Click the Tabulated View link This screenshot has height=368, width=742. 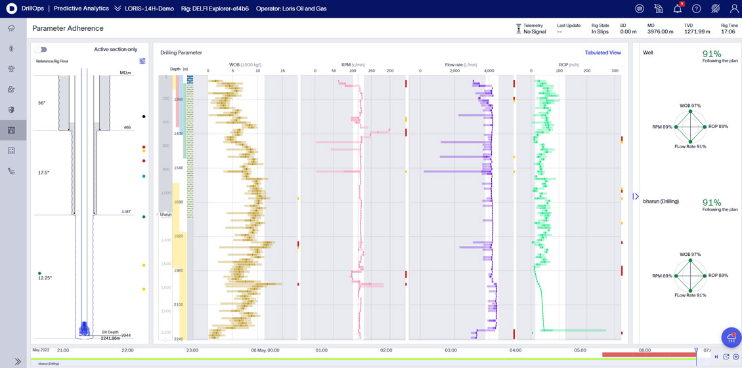point(602,52)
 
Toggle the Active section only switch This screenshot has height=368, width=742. point(41,50)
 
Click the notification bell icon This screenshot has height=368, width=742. point(678,9)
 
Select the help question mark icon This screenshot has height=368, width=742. point(697,9)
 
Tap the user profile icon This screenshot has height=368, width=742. point(734,9)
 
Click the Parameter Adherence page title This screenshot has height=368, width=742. point(68,29)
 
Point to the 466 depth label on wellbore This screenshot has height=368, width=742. point(127,127)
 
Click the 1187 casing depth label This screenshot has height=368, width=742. point(125,212)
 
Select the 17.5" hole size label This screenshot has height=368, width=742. point(43,173)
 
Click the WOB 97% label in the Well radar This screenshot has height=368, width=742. point(690,106)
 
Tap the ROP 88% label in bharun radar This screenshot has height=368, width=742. point(718,276)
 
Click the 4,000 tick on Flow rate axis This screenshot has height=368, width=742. point(489,71)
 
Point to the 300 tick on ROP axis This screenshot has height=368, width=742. point(615,71)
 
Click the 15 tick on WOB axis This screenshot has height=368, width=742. point(282,71)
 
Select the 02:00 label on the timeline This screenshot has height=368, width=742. point(386,350)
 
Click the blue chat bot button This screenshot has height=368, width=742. point(731,337)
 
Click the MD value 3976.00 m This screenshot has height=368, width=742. point(660,31)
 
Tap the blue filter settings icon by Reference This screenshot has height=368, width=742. point(142,61)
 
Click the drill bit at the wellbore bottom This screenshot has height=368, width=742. point(84,329)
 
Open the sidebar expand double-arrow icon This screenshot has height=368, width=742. point(18,361)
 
